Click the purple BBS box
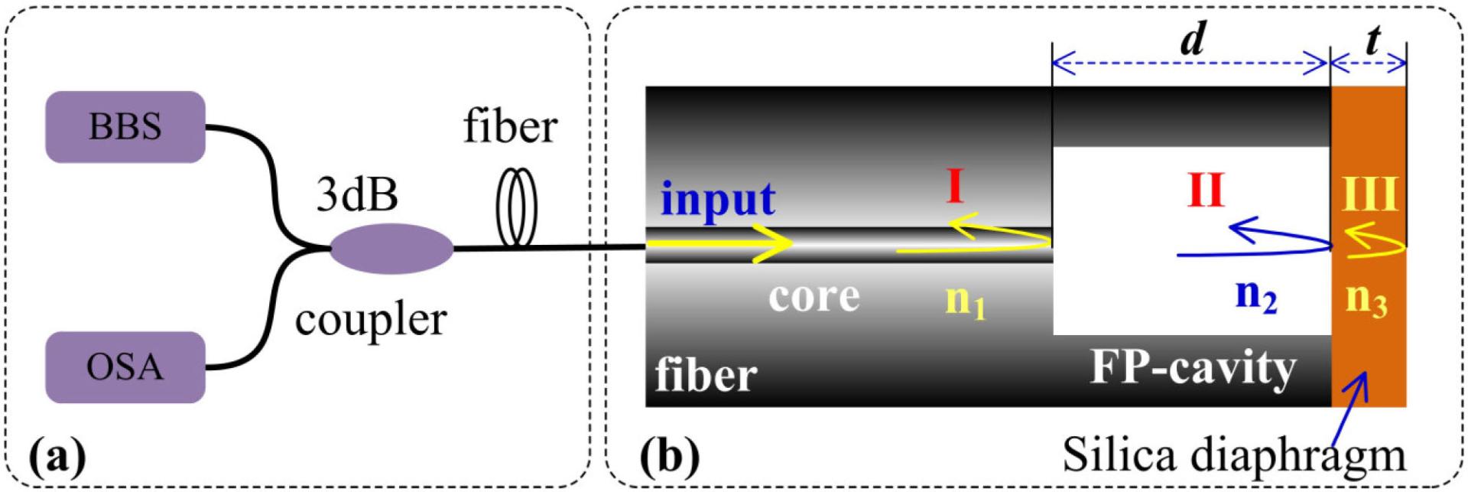point(125,127)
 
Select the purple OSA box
point(125,367)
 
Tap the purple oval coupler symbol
point(391,248)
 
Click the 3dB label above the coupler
point(357,194)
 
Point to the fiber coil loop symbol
point(517,207)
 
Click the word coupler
point(371,320)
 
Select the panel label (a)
point(57,457)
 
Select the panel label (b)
point(669,457)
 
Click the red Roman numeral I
point(954,187)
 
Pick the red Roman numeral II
point(1206,191)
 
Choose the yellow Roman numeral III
point(1370,194)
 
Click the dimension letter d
point(1194,38)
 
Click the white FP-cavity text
point(1193,368)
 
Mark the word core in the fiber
point(814,296)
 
